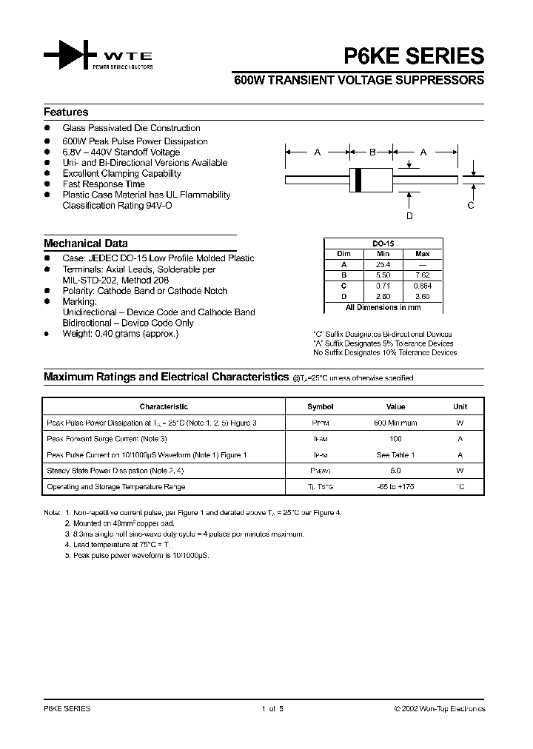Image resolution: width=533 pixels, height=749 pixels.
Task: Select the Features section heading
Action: pyautogui.click(x=66, y=112)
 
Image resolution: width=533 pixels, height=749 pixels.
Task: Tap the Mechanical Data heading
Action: pyautogui.click(x=85, y=243)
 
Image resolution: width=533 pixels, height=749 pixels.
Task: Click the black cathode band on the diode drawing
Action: pyautogui.click(x=359, y=178)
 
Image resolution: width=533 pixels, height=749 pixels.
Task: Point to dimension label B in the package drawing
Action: pyautogui.click(x=372, y=152)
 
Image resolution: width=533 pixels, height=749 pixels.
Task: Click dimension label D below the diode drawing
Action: pyautogui.click(x=409, y=216)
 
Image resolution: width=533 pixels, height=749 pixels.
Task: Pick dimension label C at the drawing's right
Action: pyautogui.click(x=470, y=206)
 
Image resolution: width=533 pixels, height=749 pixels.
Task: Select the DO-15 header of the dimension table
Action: pyautogui.click(x=383, y=243)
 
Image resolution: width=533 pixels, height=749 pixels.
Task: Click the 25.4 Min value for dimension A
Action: pyautogui.click(x=383, y=263)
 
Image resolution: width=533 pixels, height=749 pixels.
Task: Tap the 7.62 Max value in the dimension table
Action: pyautogui.click(x=422, y=274)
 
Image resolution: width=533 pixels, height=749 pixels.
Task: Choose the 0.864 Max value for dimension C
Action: pyautogui.click(x=422, y=285)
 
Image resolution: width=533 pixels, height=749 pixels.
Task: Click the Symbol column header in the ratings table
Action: pyautogui.click(x=320, y=407)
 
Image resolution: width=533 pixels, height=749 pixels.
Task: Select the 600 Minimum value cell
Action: pyautogui.click(x=395, y=423)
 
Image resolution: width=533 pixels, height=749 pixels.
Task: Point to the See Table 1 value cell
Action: pyautogui.click(x=395, y=455)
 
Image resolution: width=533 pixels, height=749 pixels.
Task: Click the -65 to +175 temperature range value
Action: pyautogui.click(x=395, y=487)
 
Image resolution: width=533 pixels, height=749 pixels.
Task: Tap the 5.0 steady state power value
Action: pyautogui.click(x=395, y=471)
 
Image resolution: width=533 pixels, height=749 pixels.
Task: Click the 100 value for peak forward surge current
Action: pyautogui.click(x=395, y=439)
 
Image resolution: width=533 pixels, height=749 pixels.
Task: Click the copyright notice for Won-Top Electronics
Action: pyautogui.click(x=439, y=709)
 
